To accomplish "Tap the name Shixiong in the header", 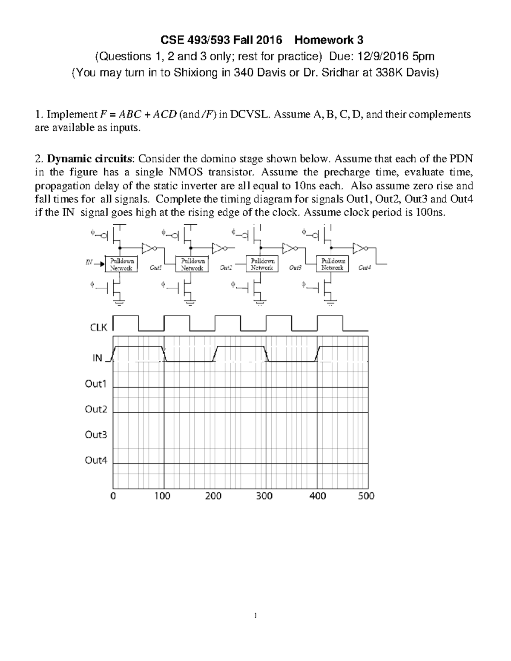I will click(x=195, y=73).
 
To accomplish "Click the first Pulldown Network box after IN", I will click(x=121, y=264).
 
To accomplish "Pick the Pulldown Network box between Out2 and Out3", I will click(x=262, y=264).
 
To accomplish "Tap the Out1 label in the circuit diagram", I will click(x=156, y=268).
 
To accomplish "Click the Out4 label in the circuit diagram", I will click(x=365, y=268).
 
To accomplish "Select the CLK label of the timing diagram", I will click(x=98, y=327).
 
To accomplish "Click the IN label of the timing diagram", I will click(x=98, y=358).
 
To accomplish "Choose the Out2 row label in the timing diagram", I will click(x=96, y=409).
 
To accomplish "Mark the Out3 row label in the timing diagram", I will click(x=96, y=435).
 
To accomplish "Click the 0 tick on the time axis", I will click(x=113, y=496).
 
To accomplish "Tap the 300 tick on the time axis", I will click(x=264, y=496).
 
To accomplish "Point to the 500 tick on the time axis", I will click(x=366, y=496).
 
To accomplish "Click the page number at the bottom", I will click(x=255, y=615).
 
